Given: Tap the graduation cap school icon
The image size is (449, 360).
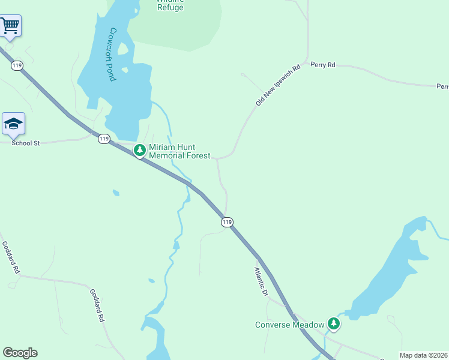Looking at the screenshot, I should tap(13, 124).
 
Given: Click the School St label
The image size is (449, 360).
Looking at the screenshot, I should tap(25, 143).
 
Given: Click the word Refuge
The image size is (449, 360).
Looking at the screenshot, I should tap(170, 8).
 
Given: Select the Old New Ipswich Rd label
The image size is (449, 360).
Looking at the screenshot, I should tap(277, 86).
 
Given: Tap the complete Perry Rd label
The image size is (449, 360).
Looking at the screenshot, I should tap(323, 65).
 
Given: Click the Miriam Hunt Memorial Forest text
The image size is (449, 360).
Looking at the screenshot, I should tap(179, 151).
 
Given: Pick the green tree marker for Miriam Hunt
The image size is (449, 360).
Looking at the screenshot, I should tap(140, 150).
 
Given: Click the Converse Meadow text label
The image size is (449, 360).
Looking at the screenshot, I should tap(289, 325).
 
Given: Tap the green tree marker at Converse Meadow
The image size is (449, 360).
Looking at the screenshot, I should tap(334, 324).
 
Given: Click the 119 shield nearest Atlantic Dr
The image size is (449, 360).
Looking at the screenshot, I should tap(226, 222).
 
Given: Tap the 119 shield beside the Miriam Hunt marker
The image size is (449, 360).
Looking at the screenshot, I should tap(104, 139).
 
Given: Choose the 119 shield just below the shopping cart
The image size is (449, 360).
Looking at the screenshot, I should tap(17, 65).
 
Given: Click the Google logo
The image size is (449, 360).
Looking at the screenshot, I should tap(20, 353).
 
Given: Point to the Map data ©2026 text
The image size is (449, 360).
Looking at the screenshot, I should tap(424, 355).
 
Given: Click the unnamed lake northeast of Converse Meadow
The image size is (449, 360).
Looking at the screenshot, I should tap(390, 270).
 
